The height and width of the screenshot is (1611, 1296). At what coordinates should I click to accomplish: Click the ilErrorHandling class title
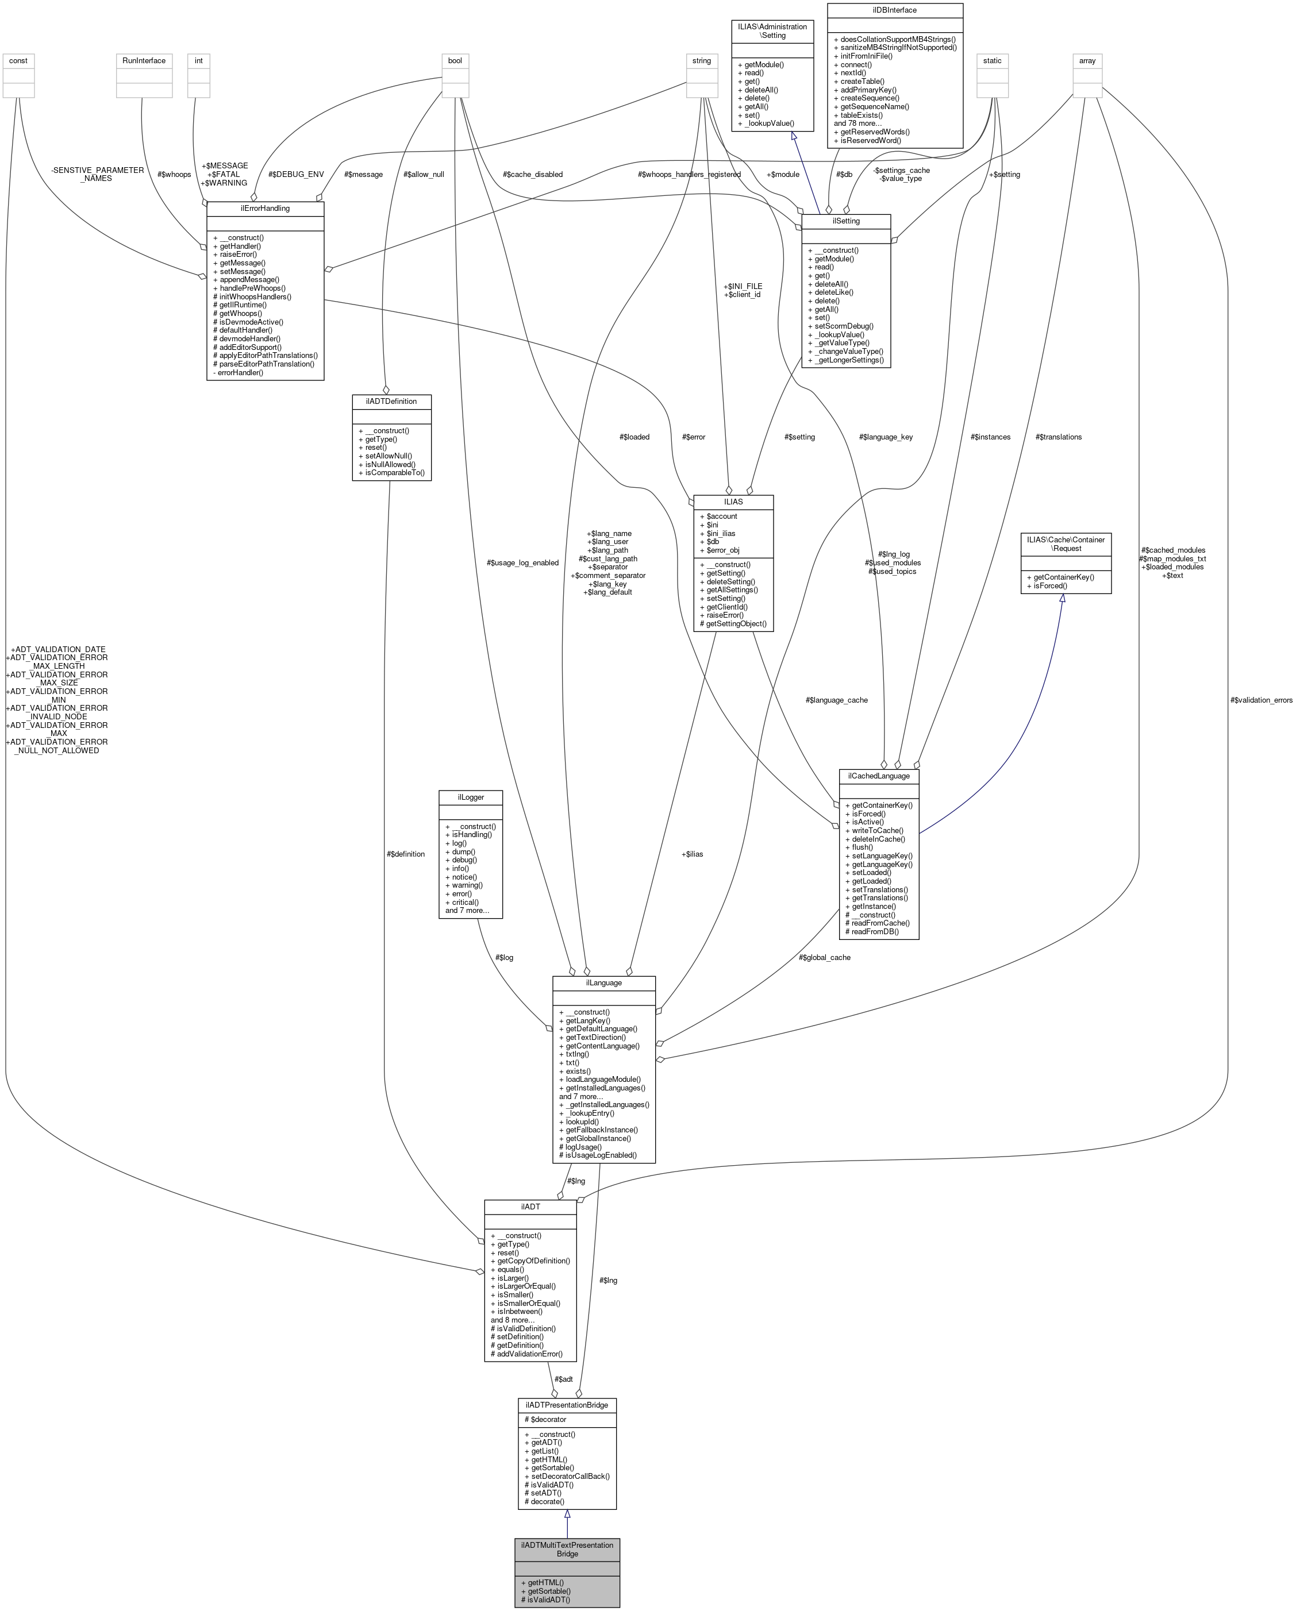(x=264, y=208)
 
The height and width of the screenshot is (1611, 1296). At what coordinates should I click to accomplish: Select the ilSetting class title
(x=845, y=221)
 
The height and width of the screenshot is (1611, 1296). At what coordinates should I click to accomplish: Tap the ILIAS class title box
(x=733, y=502)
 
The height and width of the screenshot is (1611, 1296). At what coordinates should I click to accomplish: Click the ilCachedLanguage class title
(x=878, y=776)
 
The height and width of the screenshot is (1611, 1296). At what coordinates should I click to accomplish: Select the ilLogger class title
(x=470, y=797)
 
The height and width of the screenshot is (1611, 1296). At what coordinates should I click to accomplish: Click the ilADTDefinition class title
(x=391, y=401)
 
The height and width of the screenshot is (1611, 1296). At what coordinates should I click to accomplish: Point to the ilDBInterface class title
(x=895, y=10)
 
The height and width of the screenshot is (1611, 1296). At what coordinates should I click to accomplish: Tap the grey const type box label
(x=19, y=60)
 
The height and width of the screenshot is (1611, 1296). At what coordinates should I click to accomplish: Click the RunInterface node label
(x=144, y=60)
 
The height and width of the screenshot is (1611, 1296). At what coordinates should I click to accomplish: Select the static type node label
(x=992, y=60)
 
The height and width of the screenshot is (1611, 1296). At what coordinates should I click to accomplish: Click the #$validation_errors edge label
(x=1261, y=700)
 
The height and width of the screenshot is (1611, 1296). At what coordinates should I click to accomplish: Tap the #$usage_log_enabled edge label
(x=522, y=562)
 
